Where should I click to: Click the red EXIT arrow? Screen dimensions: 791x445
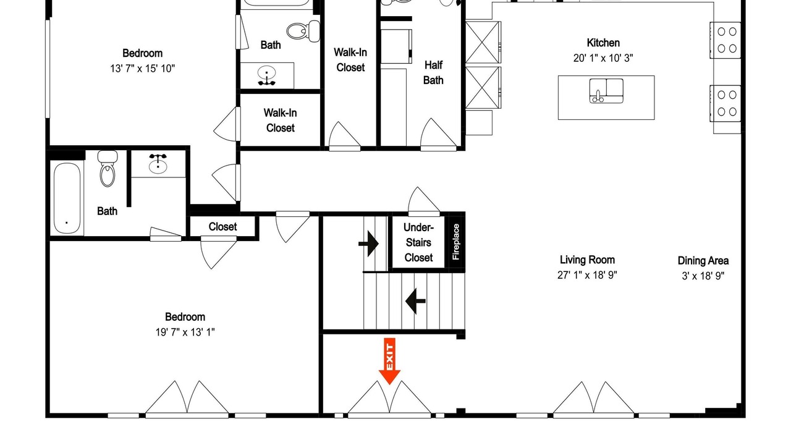(x=389, y=361)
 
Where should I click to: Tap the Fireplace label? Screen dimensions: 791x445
(x=456, y=242)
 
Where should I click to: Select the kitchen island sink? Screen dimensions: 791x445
(x=606, y=91)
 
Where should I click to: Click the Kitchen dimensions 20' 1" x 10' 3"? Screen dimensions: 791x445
(x=603, y=58)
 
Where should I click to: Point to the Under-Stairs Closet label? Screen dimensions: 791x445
(x=418, y=243)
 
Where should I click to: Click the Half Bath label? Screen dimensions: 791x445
(x=433, y=73)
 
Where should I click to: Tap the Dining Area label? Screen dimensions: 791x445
(x=703, y=261)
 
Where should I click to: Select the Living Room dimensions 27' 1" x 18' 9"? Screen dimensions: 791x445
(x=587, y=275)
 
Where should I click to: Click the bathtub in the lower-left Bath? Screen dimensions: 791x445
(x=67, y=198)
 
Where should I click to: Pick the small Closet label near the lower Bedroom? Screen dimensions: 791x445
(x=222, y=227)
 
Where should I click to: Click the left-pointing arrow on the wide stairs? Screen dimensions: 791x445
(x=415, y=301)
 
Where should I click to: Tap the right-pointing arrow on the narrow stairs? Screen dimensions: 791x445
(x=369, y=244)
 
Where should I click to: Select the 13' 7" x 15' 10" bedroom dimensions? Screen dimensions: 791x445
(x=142, y=69)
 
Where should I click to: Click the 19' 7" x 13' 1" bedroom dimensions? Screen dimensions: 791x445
(x=185, y=333)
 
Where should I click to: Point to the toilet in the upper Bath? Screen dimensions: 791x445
(x=303, y=31)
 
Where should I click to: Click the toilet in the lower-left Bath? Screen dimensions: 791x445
(x=108, y=169)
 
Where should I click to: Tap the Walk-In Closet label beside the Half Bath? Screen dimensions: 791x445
(x=350, y=60)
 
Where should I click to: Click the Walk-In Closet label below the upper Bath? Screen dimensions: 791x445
(x=280, y=121)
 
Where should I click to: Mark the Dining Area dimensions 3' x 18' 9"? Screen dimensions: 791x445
(x=703, y=276)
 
